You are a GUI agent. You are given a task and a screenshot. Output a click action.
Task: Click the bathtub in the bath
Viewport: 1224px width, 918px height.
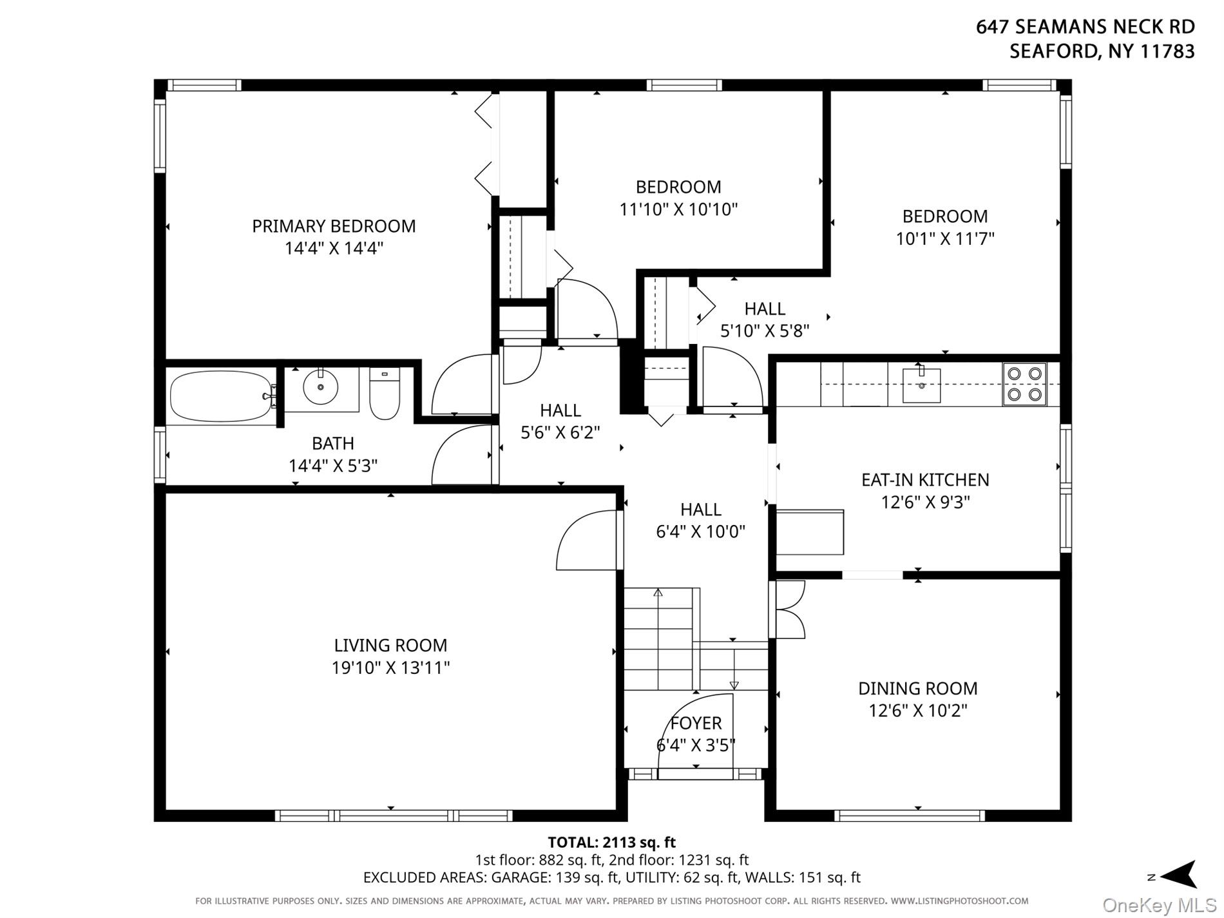point(221,396)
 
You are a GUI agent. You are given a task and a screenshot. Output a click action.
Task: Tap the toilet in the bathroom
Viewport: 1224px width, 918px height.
point(385,393)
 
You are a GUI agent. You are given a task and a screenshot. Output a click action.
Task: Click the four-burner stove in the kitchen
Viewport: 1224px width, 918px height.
point(1024,384)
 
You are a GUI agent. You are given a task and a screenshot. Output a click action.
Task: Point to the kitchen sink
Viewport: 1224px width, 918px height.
point(921,385)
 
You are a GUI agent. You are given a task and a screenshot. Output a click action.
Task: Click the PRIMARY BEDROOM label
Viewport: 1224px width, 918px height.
point(334,226)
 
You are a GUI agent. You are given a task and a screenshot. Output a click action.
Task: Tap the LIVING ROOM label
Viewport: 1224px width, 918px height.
point(390,645)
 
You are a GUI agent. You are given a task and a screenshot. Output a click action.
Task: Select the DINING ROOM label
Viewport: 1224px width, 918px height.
point(918,688)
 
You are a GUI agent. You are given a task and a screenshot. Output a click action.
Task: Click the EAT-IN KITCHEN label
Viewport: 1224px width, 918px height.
point(925,479)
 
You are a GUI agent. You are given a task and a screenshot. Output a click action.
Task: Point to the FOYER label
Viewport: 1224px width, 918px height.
point(696,723)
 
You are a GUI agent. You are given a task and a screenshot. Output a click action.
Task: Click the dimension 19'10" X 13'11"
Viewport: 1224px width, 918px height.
point(390,667)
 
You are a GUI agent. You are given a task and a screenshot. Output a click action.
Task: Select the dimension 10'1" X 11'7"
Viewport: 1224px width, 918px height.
point(945,238)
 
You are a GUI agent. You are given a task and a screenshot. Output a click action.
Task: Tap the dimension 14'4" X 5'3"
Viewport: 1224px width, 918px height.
point(333,465)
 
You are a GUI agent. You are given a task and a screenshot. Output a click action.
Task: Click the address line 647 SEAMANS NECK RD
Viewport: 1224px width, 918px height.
point(1085,26)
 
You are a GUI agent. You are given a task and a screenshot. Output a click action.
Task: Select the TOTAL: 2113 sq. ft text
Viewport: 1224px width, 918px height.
point(611,842)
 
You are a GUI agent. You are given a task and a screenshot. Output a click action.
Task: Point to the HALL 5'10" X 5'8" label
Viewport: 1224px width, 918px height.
point(765,320)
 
